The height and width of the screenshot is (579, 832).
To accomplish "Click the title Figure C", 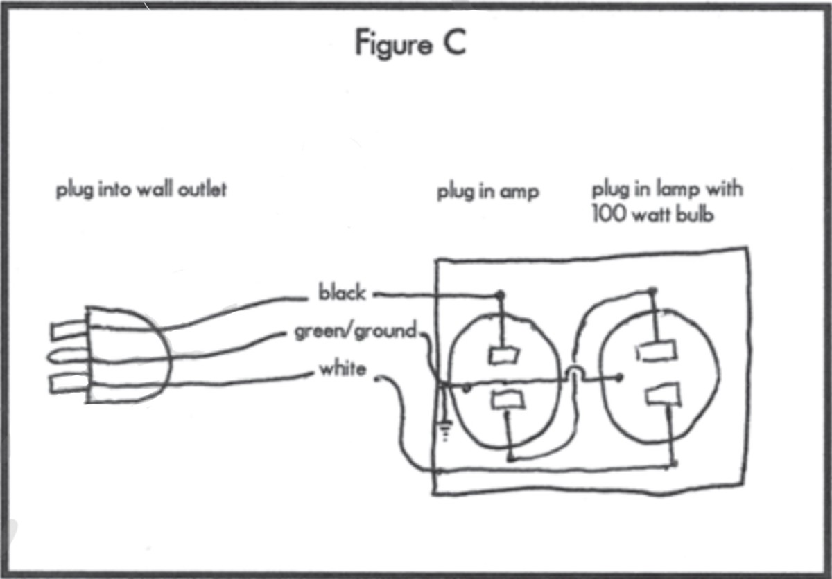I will (x=410, y=43).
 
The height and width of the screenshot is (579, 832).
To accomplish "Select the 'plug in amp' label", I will (x=487, y=192).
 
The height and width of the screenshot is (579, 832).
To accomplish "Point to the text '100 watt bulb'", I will (x=653, y=214).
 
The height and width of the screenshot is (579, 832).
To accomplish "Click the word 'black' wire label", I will (x=341, y=293).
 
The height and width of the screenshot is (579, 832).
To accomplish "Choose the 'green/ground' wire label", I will (x=356, y=332).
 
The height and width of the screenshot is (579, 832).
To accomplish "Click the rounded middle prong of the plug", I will (x=65, y=357).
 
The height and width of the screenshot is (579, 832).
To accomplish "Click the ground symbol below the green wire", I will (x=444, y=433).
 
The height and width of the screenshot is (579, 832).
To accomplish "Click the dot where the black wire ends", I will (x=499, y=295).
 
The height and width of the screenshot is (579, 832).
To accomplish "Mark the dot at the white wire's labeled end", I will (x=378, y=378).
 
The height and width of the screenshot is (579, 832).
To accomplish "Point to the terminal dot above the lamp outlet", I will (x=652, y=290).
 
